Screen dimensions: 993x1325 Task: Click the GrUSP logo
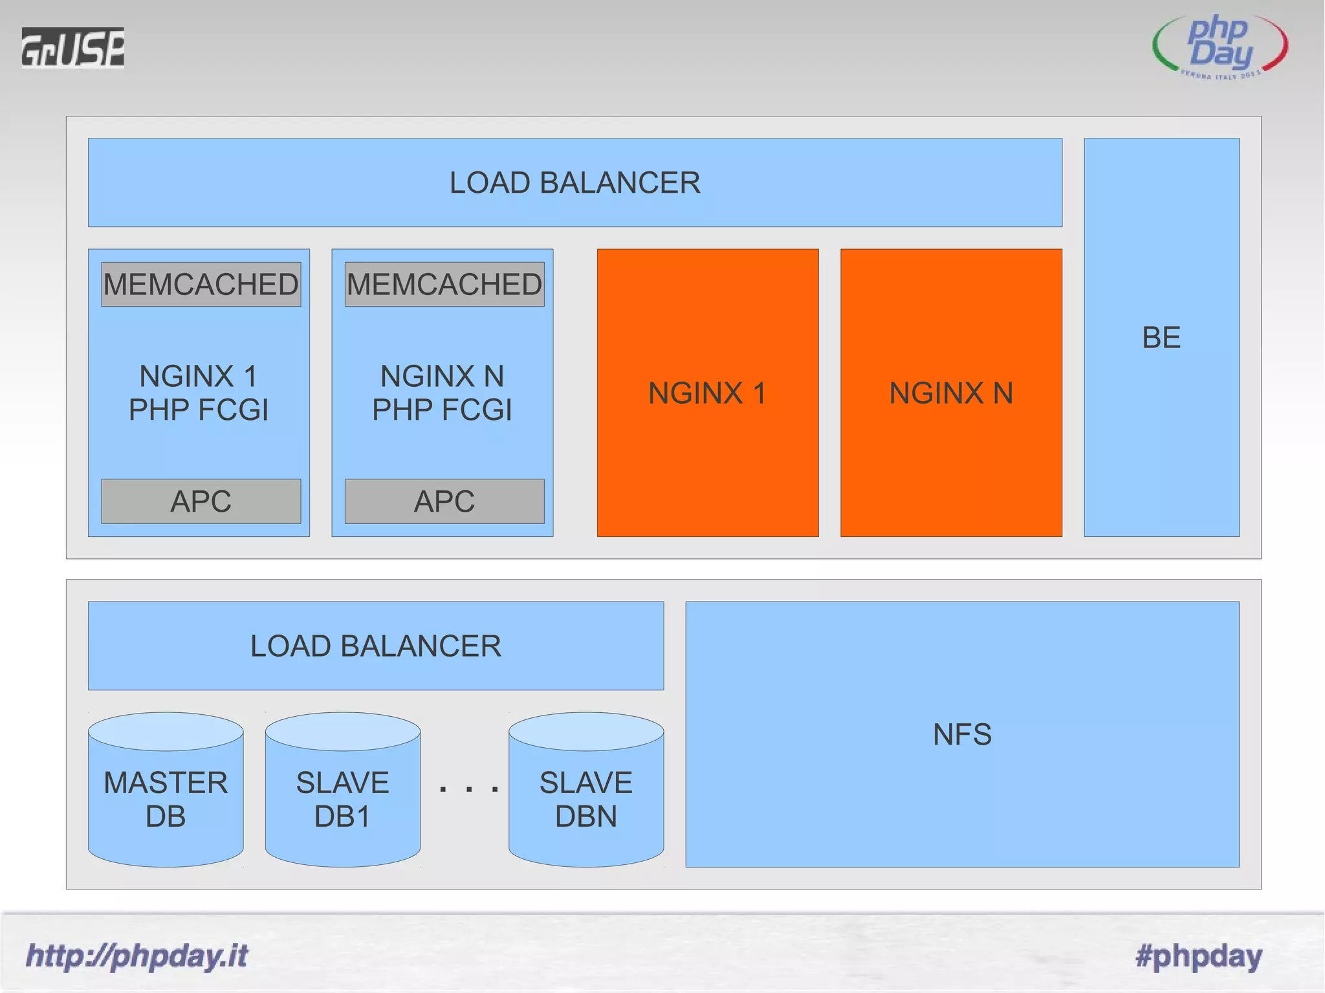point(72,47)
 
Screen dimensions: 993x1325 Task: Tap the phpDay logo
point(1220,46)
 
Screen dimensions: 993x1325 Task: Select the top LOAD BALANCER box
point(575,182)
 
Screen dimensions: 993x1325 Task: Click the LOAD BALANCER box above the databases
point(375,646)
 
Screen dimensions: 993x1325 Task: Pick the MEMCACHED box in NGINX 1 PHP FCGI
point(201,284)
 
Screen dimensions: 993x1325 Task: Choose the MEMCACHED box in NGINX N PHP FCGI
point(444,284)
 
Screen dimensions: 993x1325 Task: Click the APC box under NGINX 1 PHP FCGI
point(201,501)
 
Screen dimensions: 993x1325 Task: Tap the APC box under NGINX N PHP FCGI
point(444,501)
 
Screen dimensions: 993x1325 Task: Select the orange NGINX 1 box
point(707,393)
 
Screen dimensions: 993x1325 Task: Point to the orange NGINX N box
point(950,393)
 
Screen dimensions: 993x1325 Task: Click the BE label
point(1161,337)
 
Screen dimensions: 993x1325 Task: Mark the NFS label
point(962,734)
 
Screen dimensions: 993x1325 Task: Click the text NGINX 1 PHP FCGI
point(199,393)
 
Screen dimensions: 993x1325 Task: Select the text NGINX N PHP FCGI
point(442,393)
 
